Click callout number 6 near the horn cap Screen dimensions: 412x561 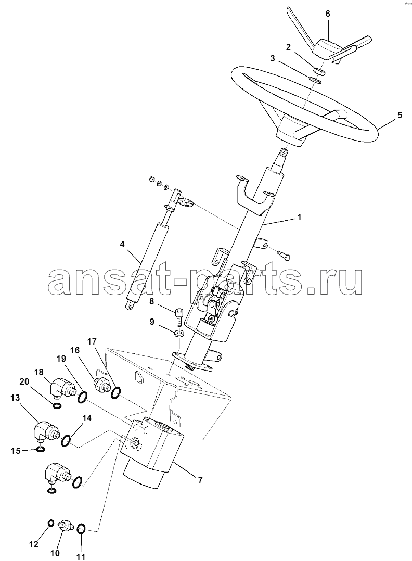(x=328, y=14)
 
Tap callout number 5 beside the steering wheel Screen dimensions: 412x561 (x=400, y=115)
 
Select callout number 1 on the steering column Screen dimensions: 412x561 (x=299, y=217)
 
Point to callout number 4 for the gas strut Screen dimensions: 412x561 (x=122, y=245)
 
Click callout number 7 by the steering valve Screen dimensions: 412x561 (x=200, y=480)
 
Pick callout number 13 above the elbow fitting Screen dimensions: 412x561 (x=15, y=398)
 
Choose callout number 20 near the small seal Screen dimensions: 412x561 (x=24, y=382)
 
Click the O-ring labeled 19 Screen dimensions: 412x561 (x=82, y=397)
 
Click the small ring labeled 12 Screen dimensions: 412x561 (x=51, y=524)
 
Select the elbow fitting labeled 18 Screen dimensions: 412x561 (x=62, y=388)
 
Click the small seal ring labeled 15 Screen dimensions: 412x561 (x=41, y=450)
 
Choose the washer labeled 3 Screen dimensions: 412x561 (x=315, y=80)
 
